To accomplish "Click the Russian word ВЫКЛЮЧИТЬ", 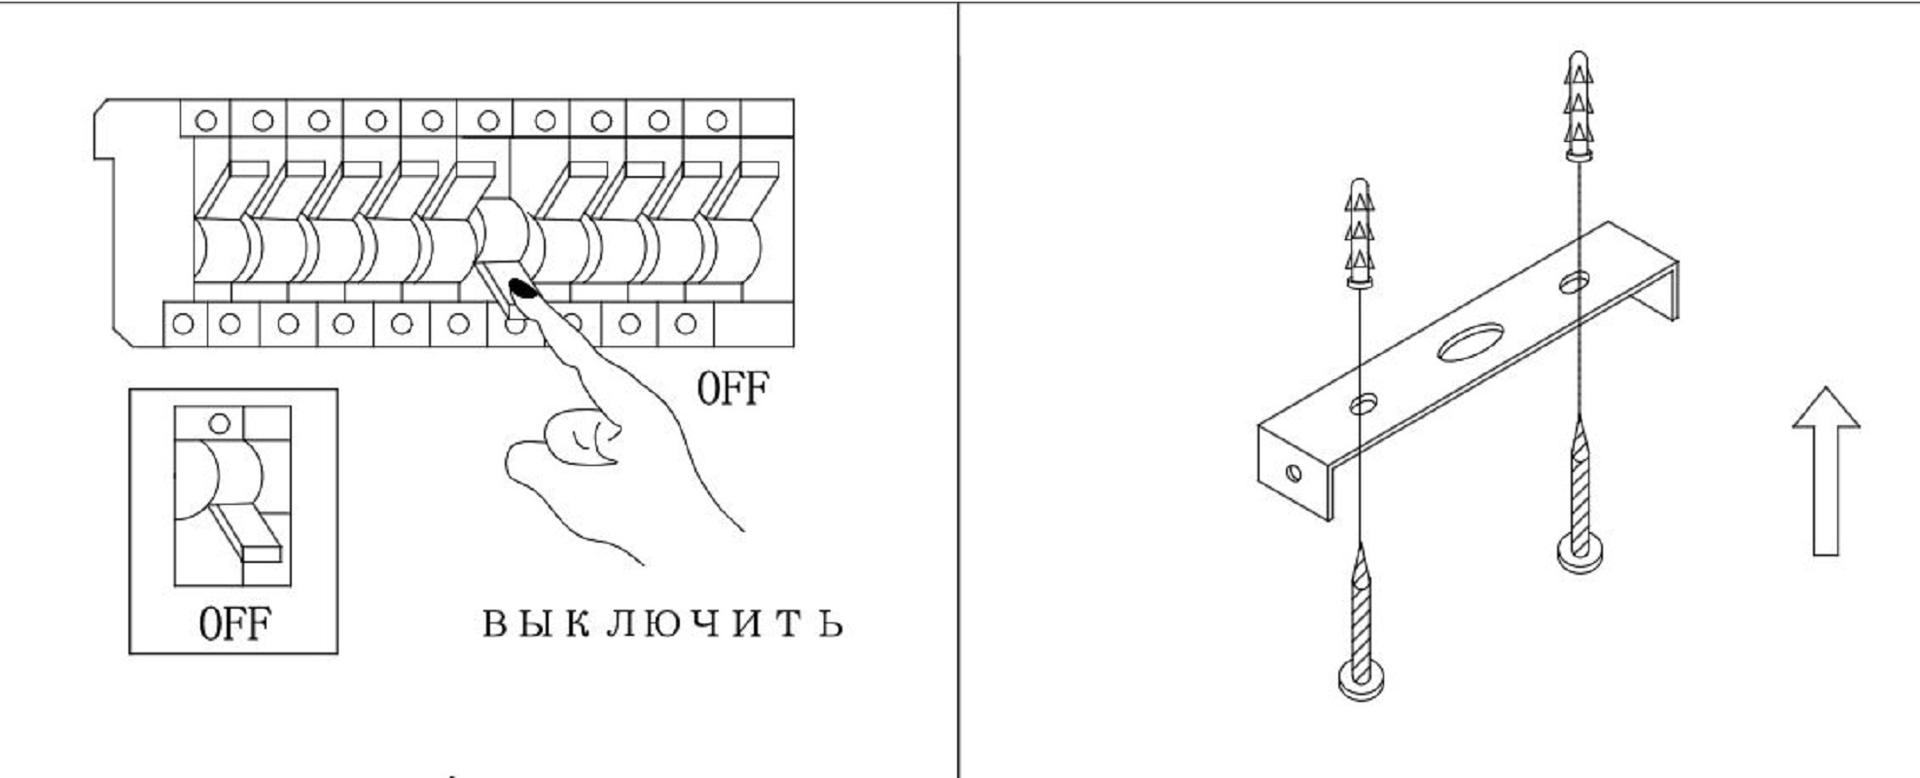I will (662, 622).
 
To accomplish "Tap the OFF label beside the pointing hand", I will (731, 388).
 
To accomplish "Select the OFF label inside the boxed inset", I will (233, 623).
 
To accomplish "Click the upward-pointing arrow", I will (1826, 472).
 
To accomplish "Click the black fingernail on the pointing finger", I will (523, 288).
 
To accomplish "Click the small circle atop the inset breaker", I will (220, 423).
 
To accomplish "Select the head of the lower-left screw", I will (1361, 677).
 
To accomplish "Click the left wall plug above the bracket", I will (1360, 233).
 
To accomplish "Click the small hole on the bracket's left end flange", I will (1293, 474).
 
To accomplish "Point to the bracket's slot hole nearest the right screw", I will (1575, 283).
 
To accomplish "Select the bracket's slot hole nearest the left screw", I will (1363, 402).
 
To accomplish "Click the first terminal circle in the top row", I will (206, 121).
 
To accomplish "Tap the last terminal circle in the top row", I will (716, 121).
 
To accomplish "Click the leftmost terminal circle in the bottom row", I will (183, 324).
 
